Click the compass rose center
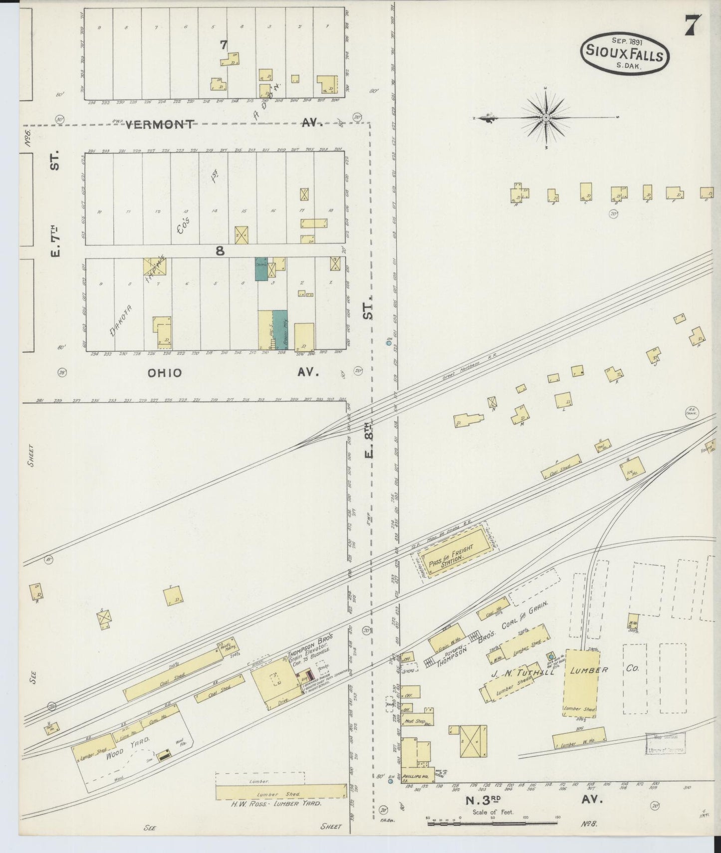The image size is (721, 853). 546,118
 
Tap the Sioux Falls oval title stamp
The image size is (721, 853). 625,54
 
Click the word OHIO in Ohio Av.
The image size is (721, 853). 165,373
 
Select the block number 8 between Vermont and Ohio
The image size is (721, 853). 220,251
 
